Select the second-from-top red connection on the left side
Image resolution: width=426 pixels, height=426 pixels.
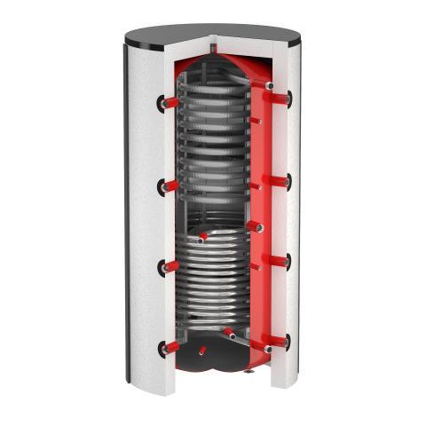pos(168,185)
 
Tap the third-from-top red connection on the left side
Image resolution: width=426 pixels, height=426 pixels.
pos(168,265)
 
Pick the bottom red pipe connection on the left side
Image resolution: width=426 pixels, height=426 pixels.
pos(168,347)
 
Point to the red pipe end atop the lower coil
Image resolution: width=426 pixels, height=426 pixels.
pos(204,237)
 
